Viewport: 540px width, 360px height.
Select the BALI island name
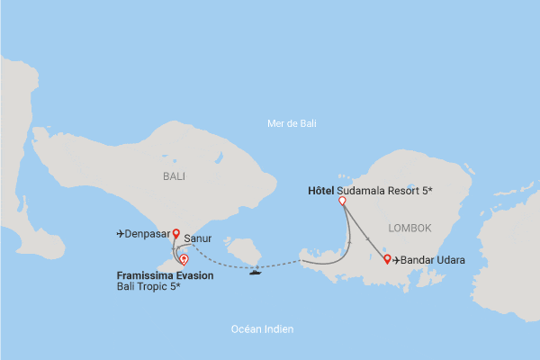[174, 176]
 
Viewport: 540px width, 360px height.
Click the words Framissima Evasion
[165, 275]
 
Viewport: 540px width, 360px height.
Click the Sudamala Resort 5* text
[382, 191]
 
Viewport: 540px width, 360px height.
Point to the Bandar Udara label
[433, 261]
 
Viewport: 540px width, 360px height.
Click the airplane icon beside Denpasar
[121, 234]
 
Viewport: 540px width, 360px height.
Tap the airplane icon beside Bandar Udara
[397, 261]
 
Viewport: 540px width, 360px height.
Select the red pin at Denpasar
[176, 230]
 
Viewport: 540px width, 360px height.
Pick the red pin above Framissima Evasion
[184, 258]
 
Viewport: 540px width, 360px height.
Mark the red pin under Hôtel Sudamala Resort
[342, 202]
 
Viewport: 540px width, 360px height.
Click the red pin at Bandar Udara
[387, 259]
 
